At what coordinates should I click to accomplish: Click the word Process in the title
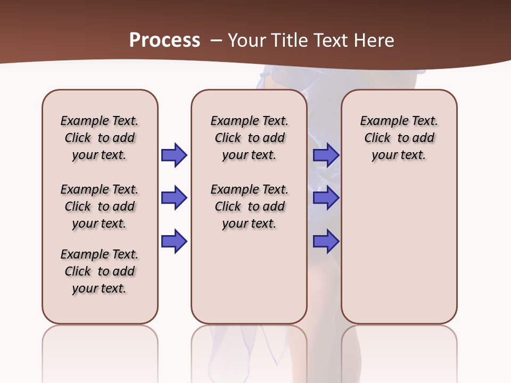(x=164, y=40)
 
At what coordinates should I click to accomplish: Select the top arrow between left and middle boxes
(x=174, y=155)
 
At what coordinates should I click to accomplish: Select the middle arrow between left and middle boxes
(x=174, y=198)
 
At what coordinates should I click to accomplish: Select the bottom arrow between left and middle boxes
(x=174, y=242)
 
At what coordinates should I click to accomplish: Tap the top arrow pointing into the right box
(x=326, y=155)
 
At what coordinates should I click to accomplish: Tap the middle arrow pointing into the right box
(x=326, y=198)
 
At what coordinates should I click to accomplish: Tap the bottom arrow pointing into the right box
(x=326, y=242)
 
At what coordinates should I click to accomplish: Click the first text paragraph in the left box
(x=100, y=138)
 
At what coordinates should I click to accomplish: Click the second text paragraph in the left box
(x=100, y=206)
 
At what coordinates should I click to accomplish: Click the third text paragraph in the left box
(x=100, y=271)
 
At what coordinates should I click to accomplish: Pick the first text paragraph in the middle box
(x=249, y=138)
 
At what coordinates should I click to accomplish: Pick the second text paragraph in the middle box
(x=249, y=206)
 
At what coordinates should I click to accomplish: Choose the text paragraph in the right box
(x=399, y=138)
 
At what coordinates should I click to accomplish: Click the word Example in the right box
(x=380, y=121)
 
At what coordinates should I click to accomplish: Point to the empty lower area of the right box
(x=399, y=250)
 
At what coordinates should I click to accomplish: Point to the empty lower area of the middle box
(x=249, y=277)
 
